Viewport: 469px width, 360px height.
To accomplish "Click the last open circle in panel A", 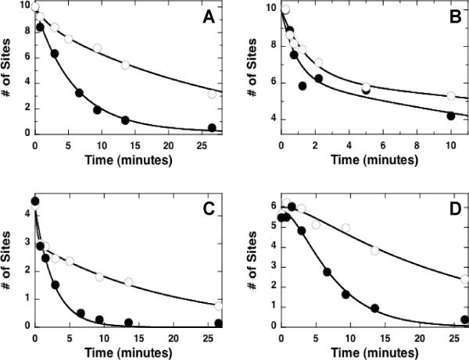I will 212,94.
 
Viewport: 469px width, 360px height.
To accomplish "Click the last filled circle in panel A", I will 212,128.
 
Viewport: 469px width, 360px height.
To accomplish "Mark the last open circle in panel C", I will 218,305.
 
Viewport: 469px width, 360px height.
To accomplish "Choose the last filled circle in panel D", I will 464,319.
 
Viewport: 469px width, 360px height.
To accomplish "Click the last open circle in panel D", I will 464,279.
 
